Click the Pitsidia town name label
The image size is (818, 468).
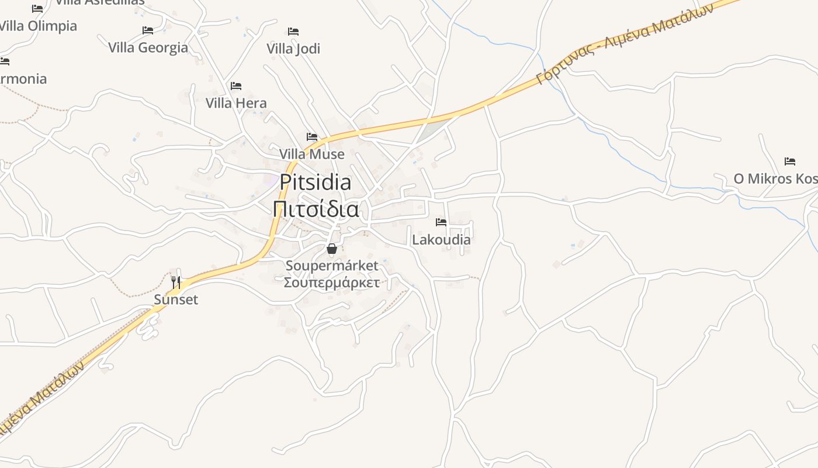315,183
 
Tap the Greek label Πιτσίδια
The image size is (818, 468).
316,208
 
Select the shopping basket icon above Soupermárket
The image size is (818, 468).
332,249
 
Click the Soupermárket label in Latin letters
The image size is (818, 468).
332,266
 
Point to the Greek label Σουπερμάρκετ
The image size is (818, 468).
332,283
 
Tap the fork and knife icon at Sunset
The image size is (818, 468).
176,283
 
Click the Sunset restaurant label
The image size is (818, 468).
176,300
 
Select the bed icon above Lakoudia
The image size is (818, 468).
441,222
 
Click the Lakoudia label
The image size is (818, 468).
441,239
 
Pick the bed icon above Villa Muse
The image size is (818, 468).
312,137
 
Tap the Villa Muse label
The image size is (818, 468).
312,154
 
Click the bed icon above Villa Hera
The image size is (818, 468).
236,86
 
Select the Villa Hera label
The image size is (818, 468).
236,103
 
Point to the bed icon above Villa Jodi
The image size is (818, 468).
293,32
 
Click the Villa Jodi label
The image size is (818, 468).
293,49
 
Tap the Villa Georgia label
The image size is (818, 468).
148,47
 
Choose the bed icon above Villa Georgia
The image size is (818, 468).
148,30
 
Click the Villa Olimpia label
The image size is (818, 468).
37,26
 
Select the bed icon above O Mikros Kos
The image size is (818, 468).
790,161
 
